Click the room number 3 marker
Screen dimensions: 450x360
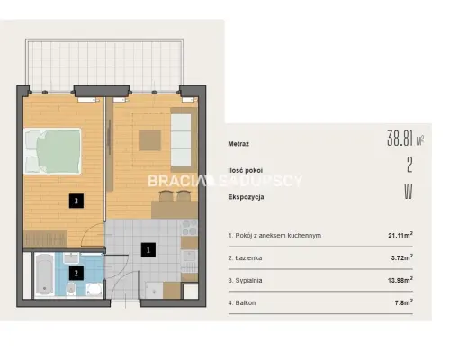pos(76,201)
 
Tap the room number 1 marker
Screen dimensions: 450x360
pos(148,250)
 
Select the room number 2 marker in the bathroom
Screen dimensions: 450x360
pos(76,273)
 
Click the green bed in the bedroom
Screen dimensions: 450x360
pos(52,151)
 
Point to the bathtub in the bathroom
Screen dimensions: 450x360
pos(44,274)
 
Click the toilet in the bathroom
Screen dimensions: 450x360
pos(71,288)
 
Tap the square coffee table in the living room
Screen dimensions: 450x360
pos(150,139)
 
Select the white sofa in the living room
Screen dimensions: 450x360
pos(181,140)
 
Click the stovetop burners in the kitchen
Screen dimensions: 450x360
pos(190,228)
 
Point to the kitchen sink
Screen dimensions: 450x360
pos(189,256)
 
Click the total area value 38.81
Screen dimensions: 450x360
pos(401,139)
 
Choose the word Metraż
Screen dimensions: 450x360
pos(238,144)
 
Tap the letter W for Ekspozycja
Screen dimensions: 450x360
pos(409,192)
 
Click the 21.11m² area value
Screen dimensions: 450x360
pos(400,235)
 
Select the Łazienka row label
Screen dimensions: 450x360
pos(245,258)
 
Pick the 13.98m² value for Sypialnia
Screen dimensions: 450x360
pos(400,280)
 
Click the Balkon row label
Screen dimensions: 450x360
pos(242,303)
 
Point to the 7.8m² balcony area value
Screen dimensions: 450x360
pos(404,302)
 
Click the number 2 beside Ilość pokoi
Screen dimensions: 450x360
pos(409,165)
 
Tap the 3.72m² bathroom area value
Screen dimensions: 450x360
pos(402,257)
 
